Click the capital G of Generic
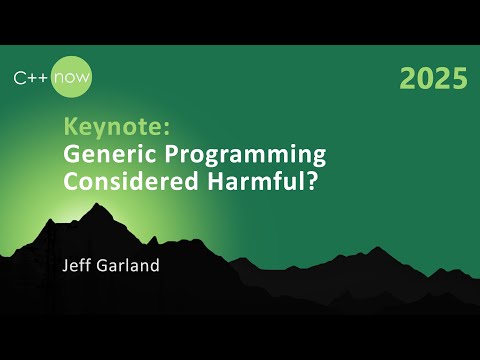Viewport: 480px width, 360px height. (x=72, y=155)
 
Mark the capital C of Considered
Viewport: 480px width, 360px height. (x=71, y=184)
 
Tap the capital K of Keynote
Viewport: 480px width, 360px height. (x=69, y=128)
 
